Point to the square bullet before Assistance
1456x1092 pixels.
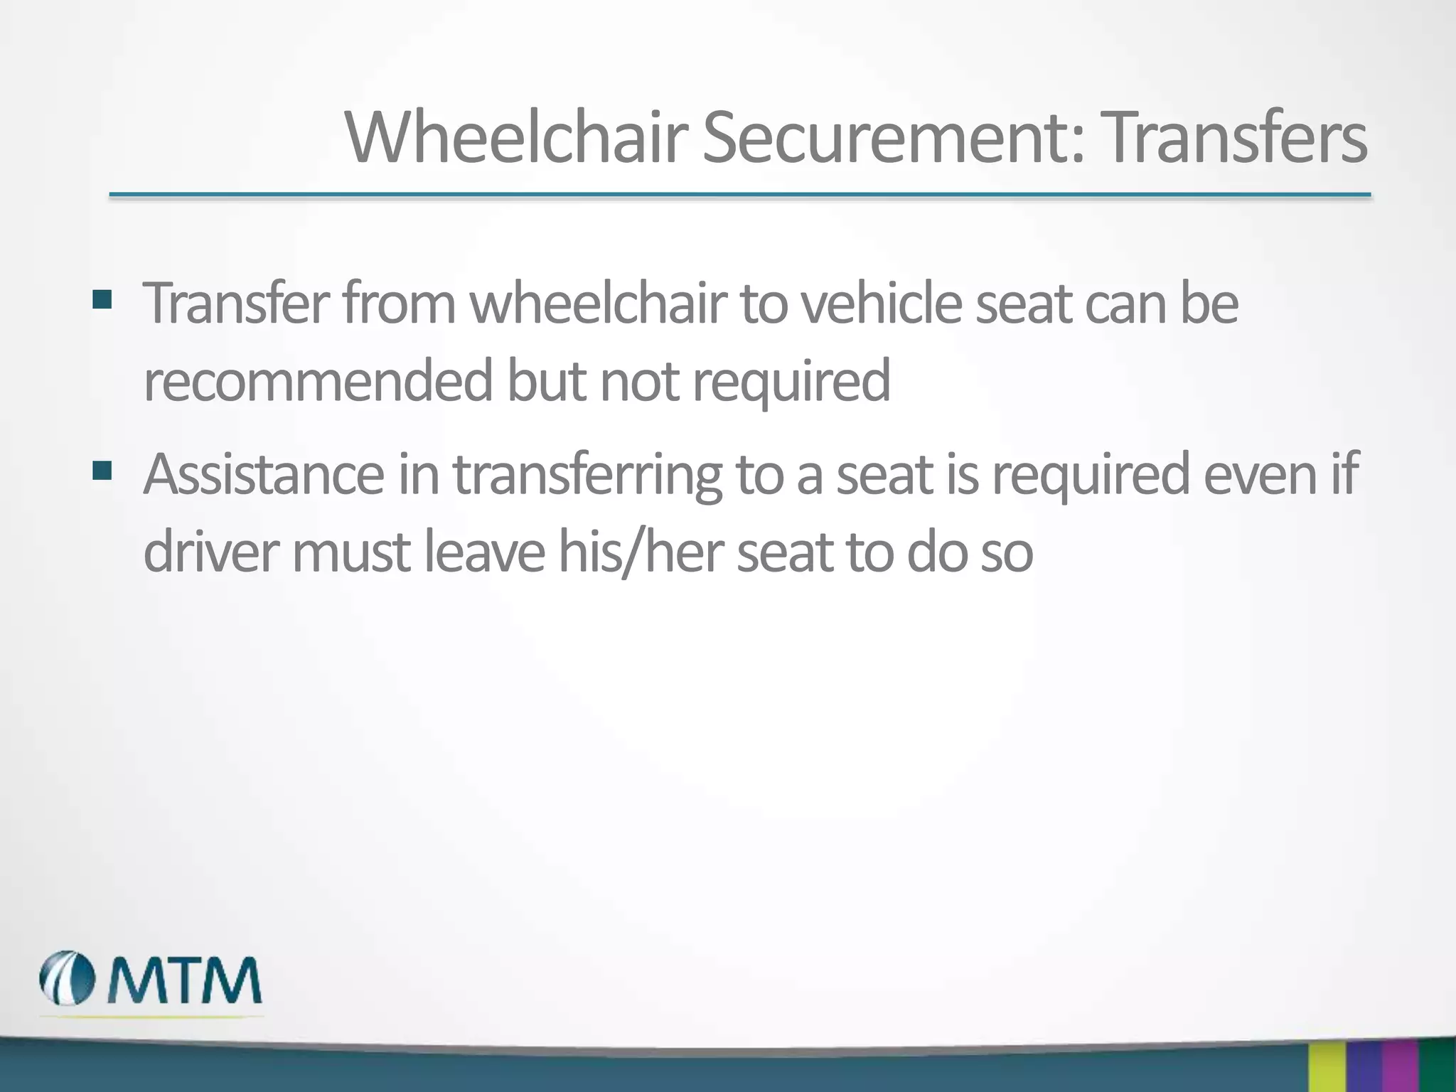click(102, 470)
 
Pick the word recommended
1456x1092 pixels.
click(318, 381)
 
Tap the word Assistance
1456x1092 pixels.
click(264, 474)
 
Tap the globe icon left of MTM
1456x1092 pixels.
click(68, 979)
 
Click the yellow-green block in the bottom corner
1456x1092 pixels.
click(1327, 1066)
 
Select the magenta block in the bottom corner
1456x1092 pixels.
click(1399, 1066)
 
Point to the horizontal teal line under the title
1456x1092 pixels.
click(739, 194)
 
